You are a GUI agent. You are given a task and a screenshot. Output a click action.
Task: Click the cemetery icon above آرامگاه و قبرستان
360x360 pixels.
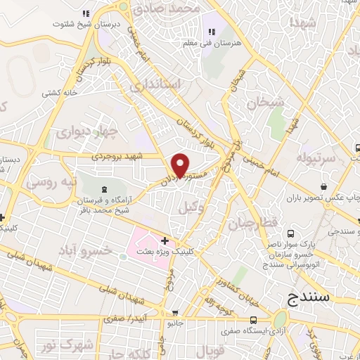pos(105,188)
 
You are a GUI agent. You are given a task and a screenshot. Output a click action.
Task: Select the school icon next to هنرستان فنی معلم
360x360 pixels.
pos(210,32)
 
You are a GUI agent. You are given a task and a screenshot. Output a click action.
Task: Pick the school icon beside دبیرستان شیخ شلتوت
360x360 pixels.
pos(85,13)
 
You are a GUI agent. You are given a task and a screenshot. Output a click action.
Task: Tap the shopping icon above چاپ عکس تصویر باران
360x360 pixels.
pos(323,187)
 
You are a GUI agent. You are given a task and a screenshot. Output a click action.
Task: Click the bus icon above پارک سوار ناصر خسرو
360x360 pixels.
pos(292,236)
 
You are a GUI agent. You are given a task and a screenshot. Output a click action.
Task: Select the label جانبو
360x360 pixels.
pos(174,323)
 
